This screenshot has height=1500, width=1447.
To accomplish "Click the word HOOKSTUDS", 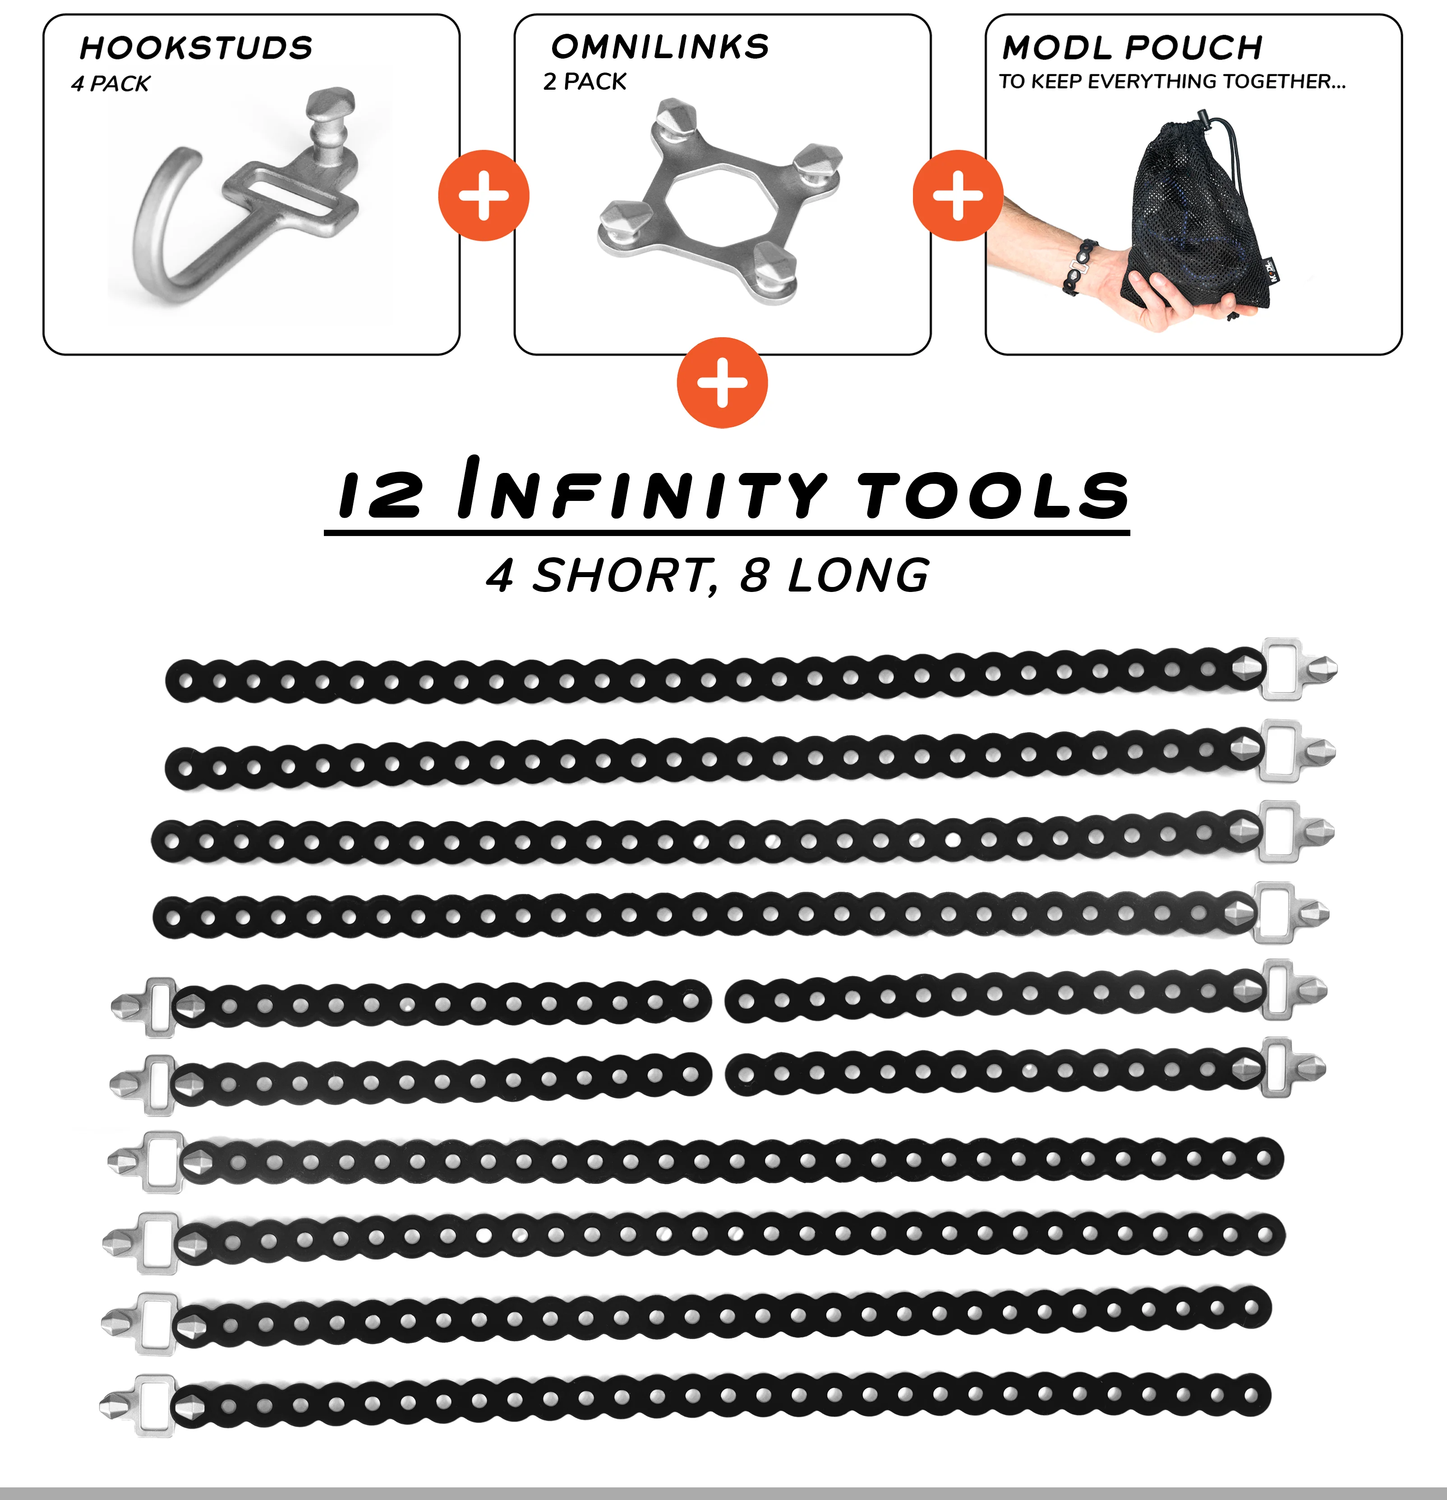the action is pyautogui.click(x=196, y=48).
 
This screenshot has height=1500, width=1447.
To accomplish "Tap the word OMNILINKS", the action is pyautogui.click(x=660, y=47).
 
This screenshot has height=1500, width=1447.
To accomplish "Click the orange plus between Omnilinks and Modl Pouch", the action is pyautogui.click(x=958, y=196).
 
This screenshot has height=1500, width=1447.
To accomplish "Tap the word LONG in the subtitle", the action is pyautogui.click(x=859, y=575).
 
